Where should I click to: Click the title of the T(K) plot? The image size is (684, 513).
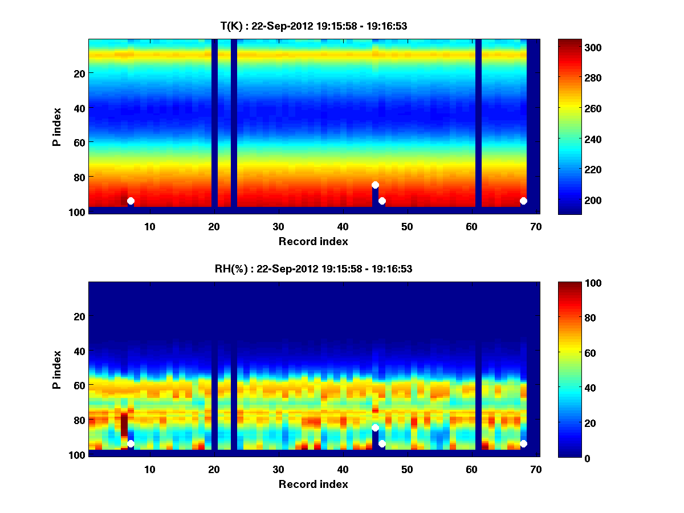(313, 26)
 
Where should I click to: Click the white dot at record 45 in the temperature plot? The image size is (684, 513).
(375, 185)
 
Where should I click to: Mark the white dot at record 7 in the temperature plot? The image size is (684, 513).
(131, 201)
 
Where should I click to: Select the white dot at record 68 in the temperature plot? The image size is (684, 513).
(523, 201)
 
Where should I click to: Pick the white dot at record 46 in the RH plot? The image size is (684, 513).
(382, 443)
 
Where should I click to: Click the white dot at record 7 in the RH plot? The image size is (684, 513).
(131, 443)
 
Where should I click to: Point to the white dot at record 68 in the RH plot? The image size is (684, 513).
(523, 443)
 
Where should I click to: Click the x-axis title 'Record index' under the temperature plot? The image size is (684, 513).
(313, 241)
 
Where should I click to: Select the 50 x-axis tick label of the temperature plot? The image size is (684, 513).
(407, 226)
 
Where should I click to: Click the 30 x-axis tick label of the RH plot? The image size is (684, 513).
(278, 469)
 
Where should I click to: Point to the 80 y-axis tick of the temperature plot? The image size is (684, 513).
(79, 177)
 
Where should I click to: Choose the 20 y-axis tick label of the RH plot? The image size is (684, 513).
(79, 316)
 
